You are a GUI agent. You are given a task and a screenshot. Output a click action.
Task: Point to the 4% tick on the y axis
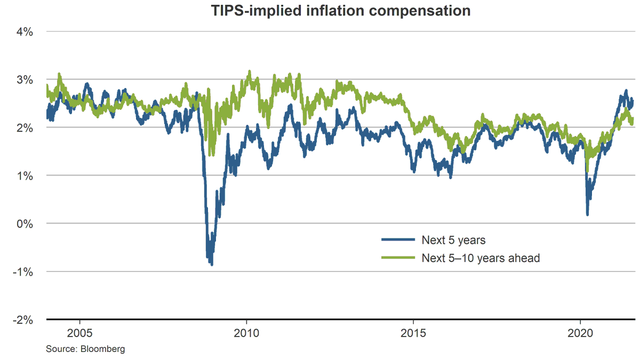pos(25,31)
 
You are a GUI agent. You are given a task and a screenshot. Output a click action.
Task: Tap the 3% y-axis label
pos(25,79)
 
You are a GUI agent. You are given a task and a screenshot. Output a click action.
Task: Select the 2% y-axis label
pos(25,127)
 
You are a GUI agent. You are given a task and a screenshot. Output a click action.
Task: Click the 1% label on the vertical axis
pos(25,175)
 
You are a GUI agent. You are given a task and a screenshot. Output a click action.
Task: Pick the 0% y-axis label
pos(25,223)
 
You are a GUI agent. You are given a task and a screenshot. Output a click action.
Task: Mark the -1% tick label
pos(23,271)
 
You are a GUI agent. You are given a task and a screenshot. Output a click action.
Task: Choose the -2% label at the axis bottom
pos(23,319)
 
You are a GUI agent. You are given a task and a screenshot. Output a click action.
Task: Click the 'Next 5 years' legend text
pos(453,241)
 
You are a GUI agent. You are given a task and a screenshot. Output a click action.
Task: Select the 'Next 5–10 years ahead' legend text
pos(481,258)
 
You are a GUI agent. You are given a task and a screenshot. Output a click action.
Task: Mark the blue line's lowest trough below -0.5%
pos(212,264)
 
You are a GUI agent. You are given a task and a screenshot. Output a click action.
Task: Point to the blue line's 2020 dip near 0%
pos(587,214)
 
